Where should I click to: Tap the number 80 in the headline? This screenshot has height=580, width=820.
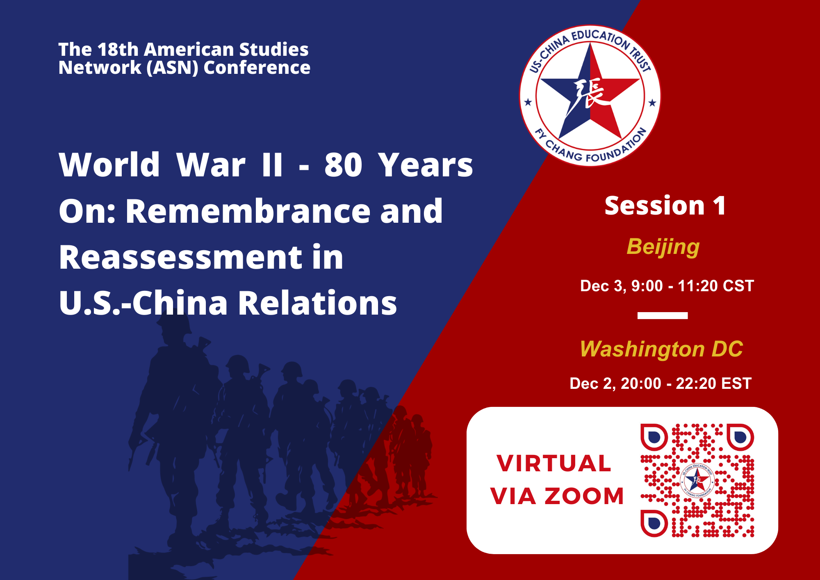click(x=343, y=165)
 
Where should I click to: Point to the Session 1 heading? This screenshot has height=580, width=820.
click(x=665, y=206)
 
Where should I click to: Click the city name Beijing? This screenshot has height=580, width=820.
click(x=663, y=247)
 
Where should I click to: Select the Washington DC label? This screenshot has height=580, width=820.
click(x=661, y=349)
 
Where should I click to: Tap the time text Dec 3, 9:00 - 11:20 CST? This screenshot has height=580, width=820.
click(x=667, y=286)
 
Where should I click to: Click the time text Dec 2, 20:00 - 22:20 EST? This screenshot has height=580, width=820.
click(x=661, y=384)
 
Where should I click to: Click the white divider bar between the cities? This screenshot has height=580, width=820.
click(x=663, y=315)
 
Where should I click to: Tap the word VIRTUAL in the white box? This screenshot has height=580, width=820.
click(x=554, y=464)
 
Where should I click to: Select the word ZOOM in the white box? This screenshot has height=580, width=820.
click(x=584, y=496)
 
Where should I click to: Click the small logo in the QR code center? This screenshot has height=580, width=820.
click(x=697, y=480)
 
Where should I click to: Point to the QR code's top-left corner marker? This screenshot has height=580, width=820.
click(x=654, y=437)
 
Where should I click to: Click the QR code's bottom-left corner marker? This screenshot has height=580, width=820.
click(x=654, y=523)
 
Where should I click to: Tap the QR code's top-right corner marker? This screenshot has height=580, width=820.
click(x=740, y=437)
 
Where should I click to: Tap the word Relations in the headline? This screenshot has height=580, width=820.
click(x=318, y=303)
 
